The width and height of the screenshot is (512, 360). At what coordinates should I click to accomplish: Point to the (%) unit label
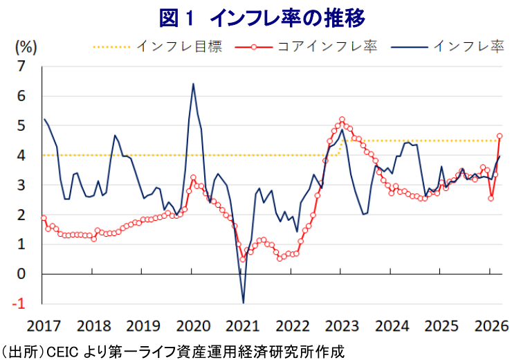[x=25, y=47]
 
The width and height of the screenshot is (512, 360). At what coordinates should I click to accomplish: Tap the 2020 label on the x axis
[x=192, y=325]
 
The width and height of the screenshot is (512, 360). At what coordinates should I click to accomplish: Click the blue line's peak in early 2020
[x=192, y=84]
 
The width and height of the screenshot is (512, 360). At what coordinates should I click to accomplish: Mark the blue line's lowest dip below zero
[x=244, y=303]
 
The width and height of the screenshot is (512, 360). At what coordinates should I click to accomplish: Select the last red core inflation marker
[x=500, y=136]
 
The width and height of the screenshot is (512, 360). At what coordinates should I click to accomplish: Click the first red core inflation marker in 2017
[x=44, y=218]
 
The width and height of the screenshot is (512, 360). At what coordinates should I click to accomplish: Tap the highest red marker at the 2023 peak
[x=342, y=120]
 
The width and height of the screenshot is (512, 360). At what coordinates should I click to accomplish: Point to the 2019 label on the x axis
[x=143, y=325]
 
